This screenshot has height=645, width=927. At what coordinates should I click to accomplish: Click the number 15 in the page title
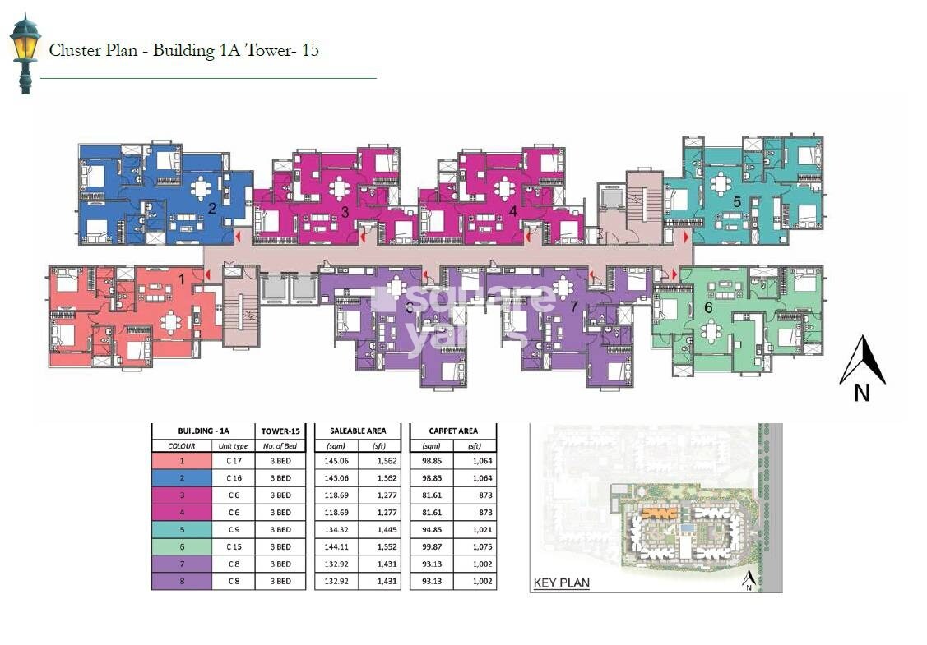tap(309, 50)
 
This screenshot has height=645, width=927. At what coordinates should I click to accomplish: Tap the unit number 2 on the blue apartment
tap(211, 208)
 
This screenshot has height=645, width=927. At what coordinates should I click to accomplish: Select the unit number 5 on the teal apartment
tap(736, 201)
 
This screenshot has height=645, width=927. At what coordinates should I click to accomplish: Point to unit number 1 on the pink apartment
tap(182, 280)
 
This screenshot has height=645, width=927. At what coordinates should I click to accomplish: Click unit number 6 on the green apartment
tap(708, 306)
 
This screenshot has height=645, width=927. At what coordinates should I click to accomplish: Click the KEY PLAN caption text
tap(562, 583)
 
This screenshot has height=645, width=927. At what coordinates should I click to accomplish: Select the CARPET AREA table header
tap(452, 431)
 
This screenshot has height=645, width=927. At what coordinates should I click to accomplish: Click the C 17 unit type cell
tap(234, 462)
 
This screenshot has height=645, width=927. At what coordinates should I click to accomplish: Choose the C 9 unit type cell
tap(234, 530)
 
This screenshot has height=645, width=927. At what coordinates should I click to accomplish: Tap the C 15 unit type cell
tap(234, 547)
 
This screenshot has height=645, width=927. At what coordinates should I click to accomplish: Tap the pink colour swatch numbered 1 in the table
tap(181, 462)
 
